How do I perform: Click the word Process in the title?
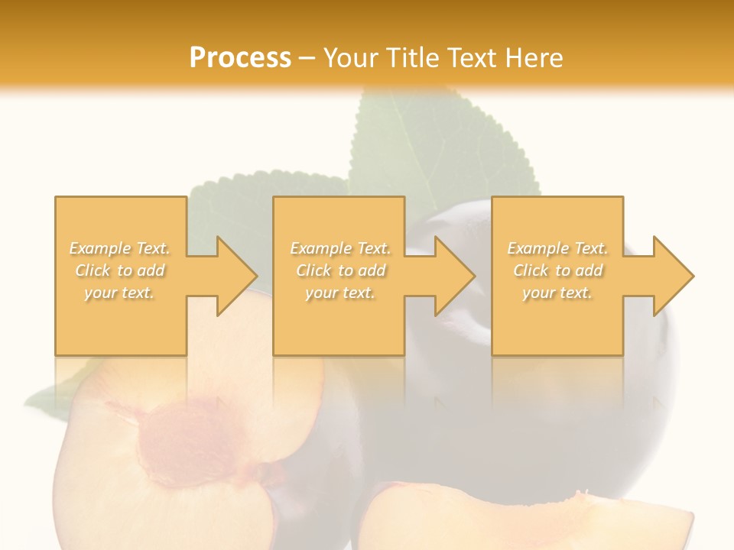click(240, 58)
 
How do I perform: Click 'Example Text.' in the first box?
click(120, 248)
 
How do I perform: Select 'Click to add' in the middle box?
click(340, 270)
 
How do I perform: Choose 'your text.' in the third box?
click(557, 293)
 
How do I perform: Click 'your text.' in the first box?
click(120, 293)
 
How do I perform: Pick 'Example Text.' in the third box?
click(557, 248)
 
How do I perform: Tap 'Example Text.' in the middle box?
click(340, 248)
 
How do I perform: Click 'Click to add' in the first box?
click(120, 270)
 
